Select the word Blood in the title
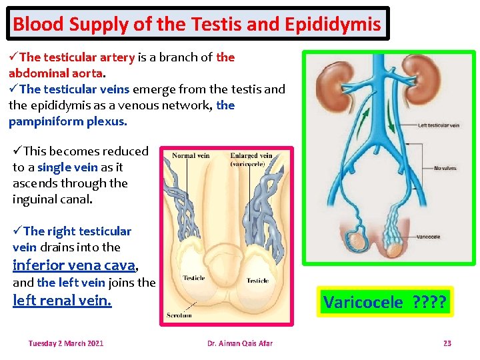[x=37, y=25]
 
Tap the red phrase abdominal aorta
[x=56, y=73]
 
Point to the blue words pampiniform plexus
[x=67, y=121]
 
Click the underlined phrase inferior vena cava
[x=74, y=265]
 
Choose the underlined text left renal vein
[x=62, y=301]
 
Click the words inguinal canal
[x=51, y=199]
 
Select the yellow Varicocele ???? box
[x=385, y=302]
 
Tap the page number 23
[x=447, y=343]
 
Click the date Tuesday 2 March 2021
[x=66, y=343]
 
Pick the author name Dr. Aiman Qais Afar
[x=239, y=343]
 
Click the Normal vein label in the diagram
[x=191, y=156]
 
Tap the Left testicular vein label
[x=438, y=125]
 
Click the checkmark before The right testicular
[x=17, y=231]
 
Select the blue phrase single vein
[x=67, y=167]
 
